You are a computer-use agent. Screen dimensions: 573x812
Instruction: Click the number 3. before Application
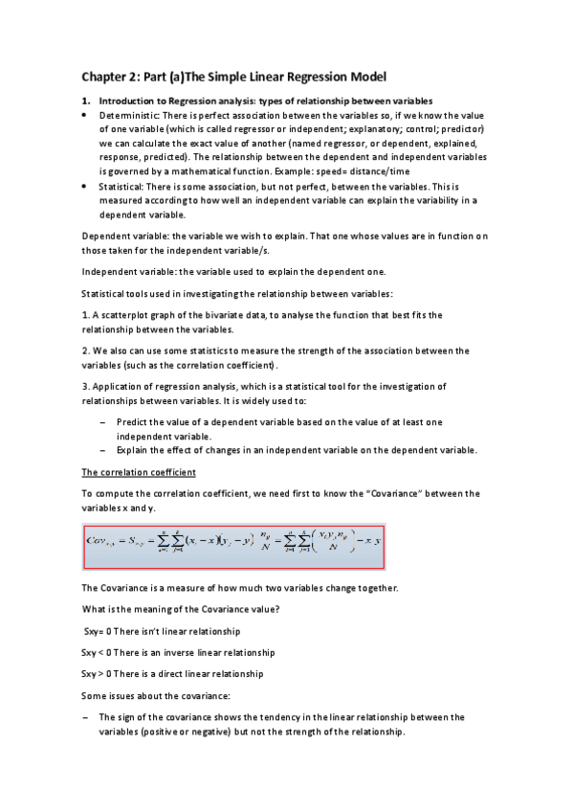coord(85,386)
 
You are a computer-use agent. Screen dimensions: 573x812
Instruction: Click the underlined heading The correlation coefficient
coord(139,472)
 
